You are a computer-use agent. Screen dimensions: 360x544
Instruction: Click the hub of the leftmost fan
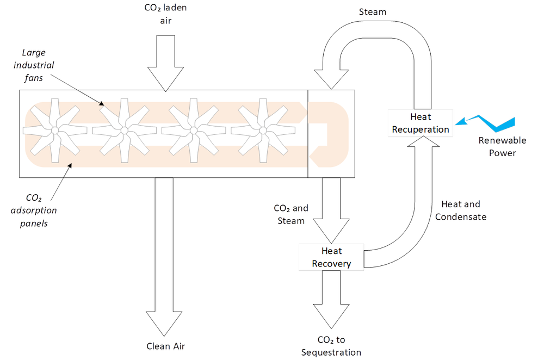pos(55,131)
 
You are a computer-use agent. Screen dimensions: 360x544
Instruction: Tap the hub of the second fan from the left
pos(124,131)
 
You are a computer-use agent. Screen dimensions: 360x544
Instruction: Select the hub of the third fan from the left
pos(193,131)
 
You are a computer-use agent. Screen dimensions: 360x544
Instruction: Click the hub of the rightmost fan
pos(263,131)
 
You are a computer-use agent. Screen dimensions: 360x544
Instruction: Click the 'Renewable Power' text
pos(494,146)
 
